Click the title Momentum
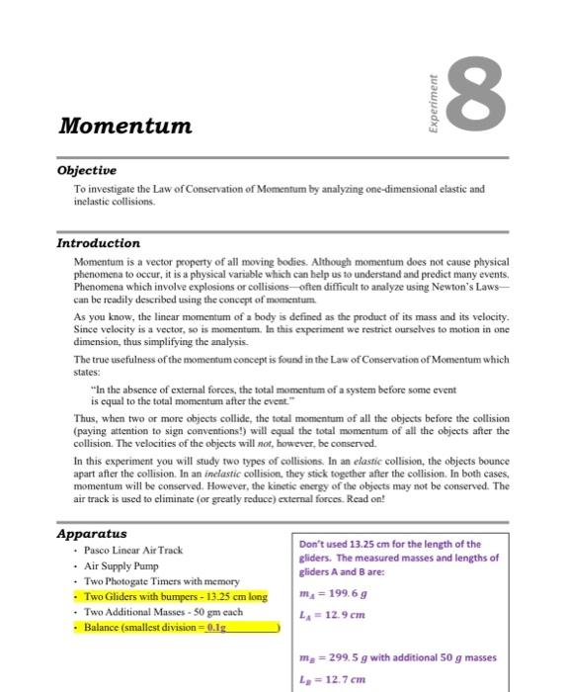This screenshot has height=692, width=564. pos(125,127)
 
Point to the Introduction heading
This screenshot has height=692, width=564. pos(99,243)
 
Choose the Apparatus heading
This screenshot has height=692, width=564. pos(92,534)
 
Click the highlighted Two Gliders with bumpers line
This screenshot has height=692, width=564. pos(175,597)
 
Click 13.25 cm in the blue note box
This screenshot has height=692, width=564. pos(374,544)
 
